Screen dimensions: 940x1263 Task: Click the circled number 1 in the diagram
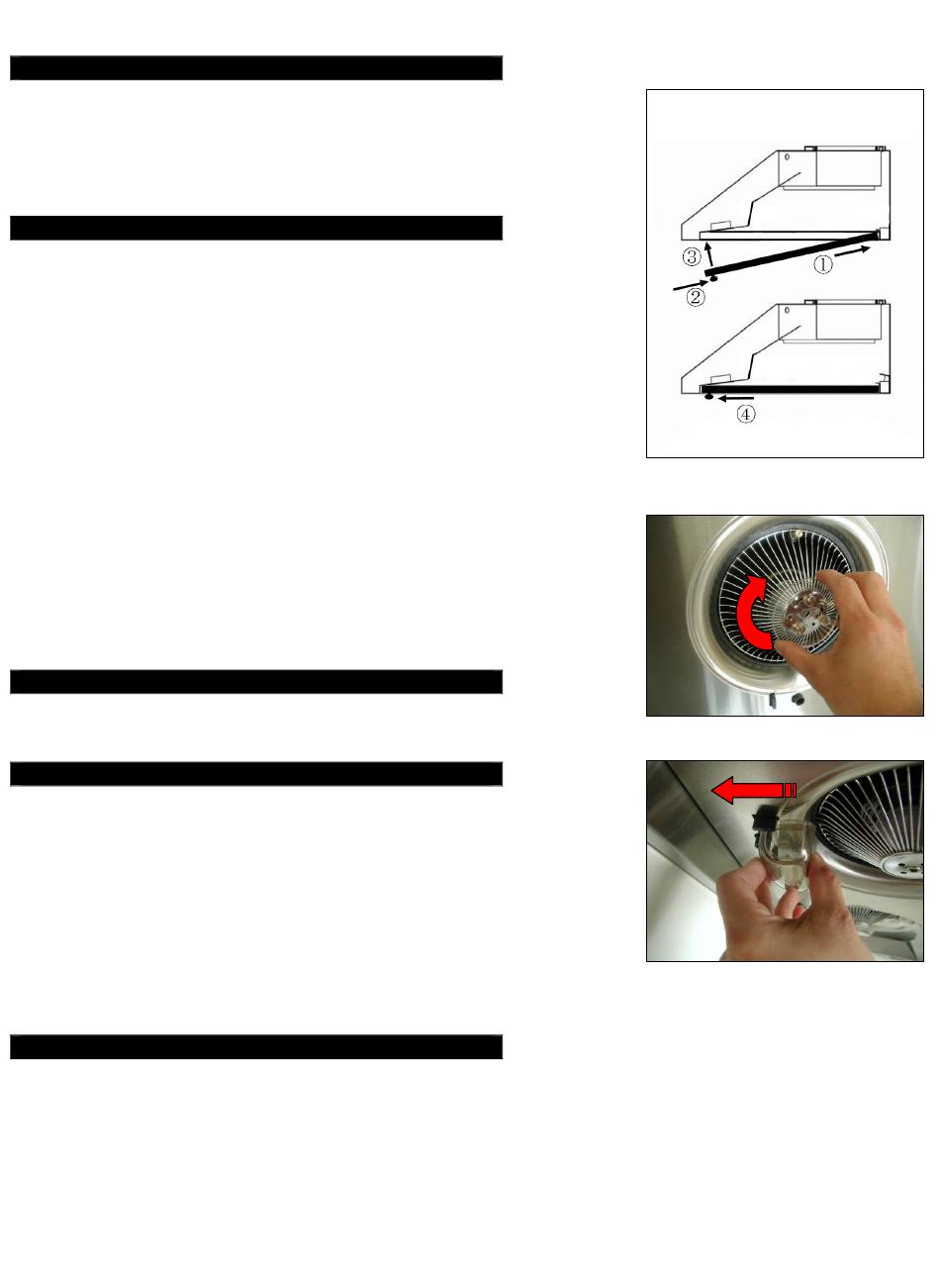pyautogui.click(x=822, y=264)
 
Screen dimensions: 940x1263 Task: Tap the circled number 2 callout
pyautogui.click(x=696, y=297)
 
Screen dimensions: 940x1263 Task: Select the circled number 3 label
pyautogui.click(x=692, y=256)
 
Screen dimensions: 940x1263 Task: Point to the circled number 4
pyautogui.click(x=746, y=414)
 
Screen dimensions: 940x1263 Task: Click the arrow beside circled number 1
pyautogui.click(x=852, y=251)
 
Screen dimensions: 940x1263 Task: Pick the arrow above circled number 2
pyautogui.click(x=691, y=285)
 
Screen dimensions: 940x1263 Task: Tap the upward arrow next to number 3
pyautogui.click(x=709, y=252)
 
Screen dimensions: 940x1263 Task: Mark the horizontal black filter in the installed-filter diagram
pyautogui.click(x=788, y=390)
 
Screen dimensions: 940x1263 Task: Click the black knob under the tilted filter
pyautogui.click(x=713, y=279)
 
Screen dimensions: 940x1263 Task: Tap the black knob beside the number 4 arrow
pyautogui.click(x=708, y=397)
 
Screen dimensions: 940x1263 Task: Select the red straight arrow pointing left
pyautogui.click(x=754, y=791)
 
